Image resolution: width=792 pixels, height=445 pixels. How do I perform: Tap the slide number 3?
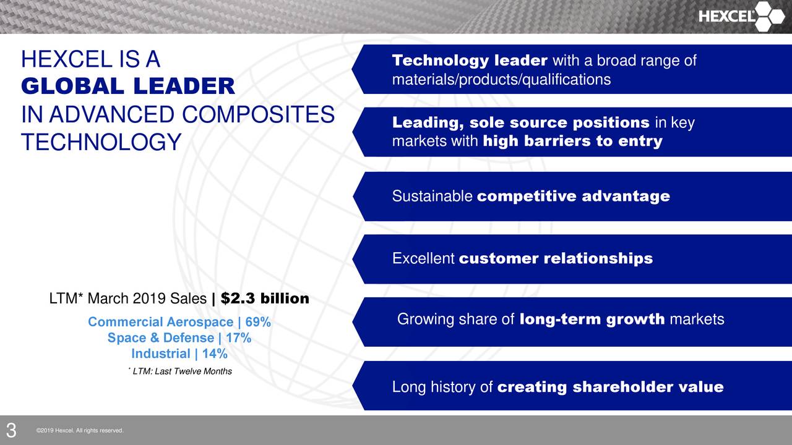[11, 430]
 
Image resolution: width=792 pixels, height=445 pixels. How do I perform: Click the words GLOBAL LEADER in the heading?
[128, 87]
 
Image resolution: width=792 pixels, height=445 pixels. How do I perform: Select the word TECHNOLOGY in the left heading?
[101, 142]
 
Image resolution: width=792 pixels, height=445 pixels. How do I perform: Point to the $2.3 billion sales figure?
[265, 299]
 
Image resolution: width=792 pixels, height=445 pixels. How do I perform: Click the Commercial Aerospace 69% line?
[179, 322]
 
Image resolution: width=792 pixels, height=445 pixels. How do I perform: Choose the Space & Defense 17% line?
[179, 338]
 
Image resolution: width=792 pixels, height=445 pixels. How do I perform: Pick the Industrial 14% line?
[179, 354]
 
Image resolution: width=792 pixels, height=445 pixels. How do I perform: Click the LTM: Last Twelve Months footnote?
[180, 371]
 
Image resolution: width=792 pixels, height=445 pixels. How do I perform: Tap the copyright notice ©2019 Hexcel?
[80, 431]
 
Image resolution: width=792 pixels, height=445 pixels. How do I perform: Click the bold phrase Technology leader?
[470, 61]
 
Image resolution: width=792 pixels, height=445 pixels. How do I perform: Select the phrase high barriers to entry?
[572, 142]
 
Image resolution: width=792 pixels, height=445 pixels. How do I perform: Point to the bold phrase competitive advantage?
[574, 197]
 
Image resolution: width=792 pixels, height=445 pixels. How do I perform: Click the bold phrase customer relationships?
[556, 258]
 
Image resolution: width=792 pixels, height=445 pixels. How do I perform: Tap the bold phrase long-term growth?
[592, 320]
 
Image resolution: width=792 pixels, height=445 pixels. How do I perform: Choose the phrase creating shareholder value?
[610, 388]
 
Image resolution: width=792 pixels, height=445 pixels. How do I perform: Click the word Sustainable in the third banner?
[433, 197]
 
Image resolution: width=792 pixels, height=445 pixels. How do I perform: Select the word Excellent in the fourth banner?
[423, 258]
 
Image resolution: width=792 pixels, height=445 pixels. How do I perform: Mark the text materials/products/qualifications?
[501, 80]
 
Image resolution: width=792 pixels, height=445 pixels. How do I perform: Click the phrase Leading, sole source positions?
[520, 123]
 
